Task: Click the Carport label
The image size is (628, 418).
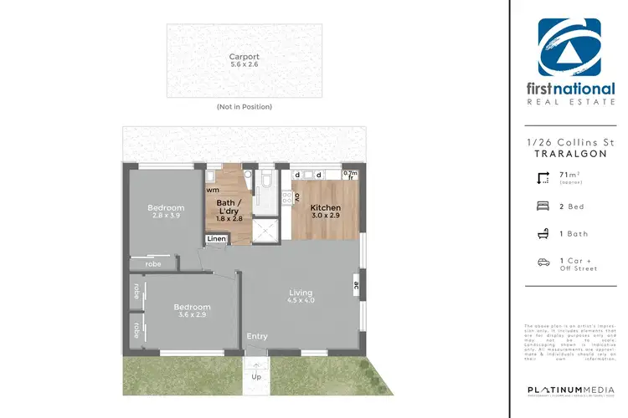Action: pyautogui.click(x=244, y=58)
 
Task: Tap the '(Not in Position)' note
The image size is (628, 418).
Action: pyautogui.click(x=244, y=107)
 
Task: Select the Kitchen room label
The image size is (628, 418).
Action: pyautogui.click(x=325, y=206)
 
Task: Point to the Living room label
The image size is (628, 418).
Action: pyautogui.click(x=301, y=293)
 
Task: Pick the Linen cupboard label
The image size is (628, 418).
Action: pyautogui.click(x=215, y=239)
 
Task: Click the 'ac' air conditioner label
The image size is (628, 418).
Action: pyautogui.click(x=357, y=283)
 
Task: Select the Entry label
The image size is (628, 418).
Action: pyautogui.click(x=257, y=337)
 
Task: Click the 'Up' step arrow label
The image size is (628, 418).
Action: pyautogui.click(x=257, y=376)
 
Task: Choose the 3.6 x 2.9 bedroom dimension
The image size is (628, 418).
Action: pyautogui.click(x=192, y=314)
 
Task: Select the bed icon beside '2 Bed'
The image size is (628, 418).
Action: pyautogui.click(x=543, y=206)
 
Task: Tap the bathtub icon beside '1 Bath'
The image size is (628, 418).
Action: pyautogui.click(x=543, y=235)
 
